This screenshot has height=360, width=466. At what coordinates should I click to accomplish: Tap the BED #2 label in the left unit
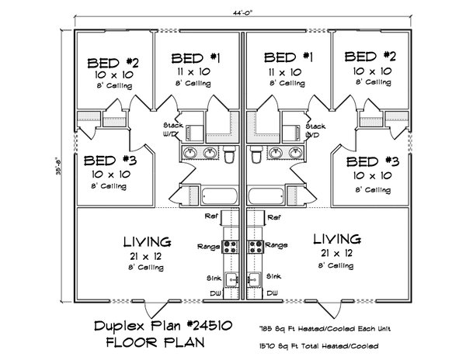pyautogui.click(x=113, y=62)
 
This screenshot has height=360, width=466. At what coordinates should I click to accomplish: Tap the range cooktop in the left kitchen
pyautogui.click(x=230, y=247)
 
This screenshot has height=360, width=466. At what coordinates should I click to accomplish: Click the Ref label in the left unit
pyautogui.click(x=210, y=217)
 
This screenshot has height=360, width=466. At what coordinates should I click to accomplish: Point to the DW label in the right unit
pyautogui.click(x=272, y=292)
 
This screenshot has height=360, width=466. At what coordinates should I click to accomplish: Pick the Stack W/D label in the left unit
pyautogui.click(x=172, y=129)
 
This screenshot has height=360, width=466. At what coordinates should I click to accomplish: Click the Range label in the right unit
pyautogui.click(x=276, y=245)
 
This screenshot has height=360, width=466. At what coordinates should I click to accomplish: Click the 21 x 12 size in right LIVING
pyautogui.click(x=336, y=254)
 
